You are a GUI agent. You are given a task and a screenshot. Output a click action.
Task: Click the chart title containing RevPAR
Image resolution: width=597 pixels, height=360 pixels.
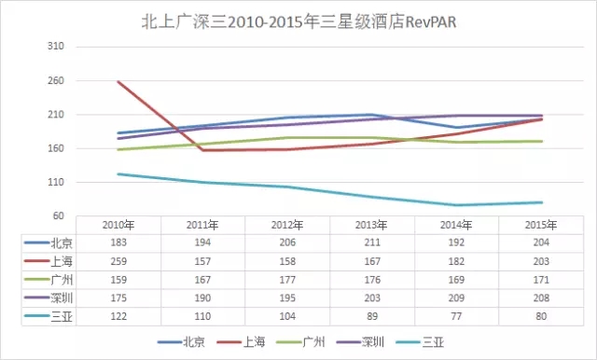pos(298,21)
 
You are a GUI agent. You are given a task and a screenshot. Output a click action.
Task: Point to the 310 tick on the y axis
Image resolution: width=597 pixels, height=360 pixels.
pos(56,47)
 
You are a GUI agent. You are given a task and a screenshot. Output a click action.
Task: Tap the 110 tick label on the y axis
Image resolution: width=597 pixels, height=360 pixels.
pos(56,182)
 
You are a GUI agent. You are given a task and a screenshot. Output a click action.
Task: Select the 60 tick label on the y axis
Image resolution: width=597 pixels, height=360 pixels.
pos(58,215)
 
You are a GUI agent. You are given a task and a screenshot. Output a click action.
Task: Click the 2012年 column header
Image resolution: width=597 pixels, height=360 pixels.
pos(287,226)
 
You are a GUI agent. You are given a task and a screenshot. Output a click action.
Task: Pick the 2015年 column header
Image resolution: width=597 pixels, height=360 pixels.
pos(541,226)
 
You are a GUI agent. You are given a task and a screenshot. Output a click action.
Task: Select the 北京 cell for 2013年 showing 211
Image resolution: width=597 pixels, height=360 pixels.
pos(372,242)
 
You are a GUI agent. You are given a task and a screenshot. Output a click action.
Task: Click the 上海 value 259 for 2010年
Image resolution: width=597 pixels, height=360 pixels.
pos(118,261)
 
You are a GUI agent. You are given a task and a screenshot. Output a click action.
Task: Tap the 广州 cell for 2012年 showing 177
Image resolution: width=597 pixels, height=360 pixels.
pos(287,280)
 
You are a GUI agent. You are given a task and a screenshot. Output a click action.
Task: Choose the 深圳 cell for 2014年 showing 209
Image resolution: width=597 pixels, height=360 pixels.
pos(456,298)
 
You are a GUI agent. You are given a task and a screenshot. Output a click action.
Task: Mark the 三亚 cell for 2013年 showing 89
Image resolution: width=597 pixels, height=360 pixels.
pos(372,316)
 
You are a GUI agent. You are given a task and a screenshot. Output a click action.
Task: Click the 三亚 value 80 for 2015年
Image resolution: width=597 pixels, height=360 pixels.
pos(541,316)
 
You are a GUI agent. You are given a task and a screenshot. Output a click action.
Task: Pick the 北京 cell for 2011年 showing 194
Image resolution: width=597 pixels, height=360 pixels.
pos(202,242)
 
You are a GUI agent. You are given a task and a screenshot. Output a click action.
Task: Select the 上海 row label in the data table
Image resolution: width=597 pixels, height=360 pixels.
pos(62,261)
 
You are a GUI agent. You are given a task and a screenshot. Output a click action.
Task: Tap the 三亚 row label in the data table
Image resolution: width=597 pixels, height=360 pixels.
pos(62,316)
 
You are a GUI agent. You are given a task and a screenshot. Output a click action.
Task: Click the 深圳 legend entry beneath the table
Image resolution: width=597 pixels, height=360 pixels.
pos(361,342)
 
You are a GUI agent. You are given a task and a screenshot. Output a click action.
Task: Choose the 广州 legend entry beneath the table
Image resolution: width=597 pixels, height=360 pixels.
pos(300,342)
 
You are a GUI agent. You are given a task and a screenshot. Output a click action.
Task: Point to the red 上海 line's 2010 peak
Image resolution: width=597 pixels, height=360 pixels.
pos(118,81)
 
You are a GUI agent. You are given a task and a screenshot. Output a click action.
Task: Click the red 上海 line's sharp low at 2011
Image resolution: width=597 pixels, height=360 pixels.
pos(202,150)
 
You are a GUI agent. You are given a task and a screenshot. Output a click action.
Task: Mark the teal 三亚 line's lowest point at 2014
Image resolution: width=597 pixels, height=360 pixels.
pos(456,205)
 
